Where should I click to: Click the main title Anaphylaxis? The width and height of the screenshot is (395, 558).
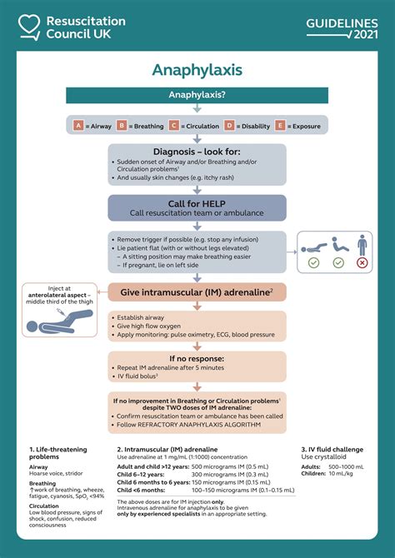point(197,70)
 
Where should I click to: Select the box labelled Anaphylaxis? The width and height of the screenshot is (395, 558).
point(197,96)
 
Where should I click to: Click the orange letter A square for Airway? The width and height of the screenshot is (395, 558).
point(79,126)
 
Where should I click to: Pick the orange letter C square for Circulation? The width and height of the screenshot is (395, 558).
point(174,126)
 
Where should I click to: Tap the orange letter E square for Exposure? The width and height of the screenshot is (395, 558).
point(279,126)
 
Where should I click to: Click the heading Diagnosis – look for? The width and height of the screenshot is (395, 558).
point(197,152)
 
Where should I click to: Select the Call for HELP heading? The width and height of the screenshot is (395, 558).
point(197,203)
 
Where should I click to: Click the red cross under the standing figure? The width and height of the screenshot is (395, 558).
point(361,262)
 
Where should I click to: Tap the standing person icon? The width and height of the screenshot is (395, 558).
point(361,245)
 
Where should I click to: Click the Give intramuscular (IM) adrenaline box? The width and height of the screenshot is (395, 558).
point(197,291)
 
